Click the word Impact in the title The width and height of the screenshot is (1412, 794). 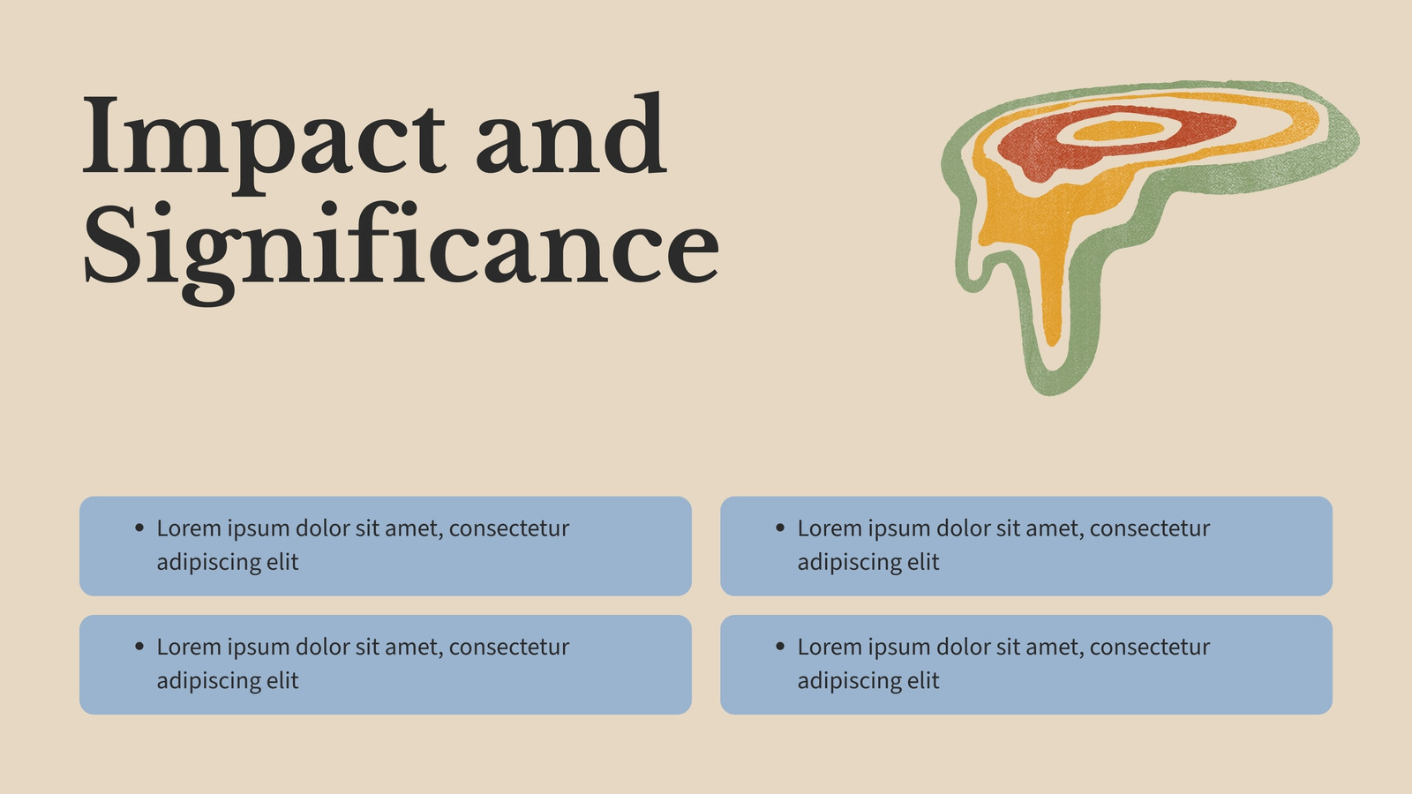click(x=264, y=142)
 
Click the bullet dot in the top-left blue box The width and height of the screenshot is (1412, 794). click(x=139, y=528)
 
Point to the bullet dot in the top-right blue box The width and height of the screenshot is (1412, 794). click(x=780, y=528)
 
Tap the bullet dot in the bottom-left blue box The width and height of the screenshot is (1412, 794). click(x=139, y=646)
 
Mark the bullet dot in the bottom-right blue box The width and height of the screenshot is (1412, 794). click(x=780, y=646)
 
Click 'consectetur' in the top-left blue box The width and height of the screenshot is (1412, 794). click(x=508, y=528)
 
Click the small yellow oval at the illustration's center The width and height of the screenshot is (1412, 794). click(x=1118, y=131)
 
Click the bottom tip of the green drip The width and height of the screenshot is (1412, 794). click(x=1051, y=395)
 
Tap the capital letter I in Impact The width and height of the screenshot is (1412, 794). click(x=101, y=135)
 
